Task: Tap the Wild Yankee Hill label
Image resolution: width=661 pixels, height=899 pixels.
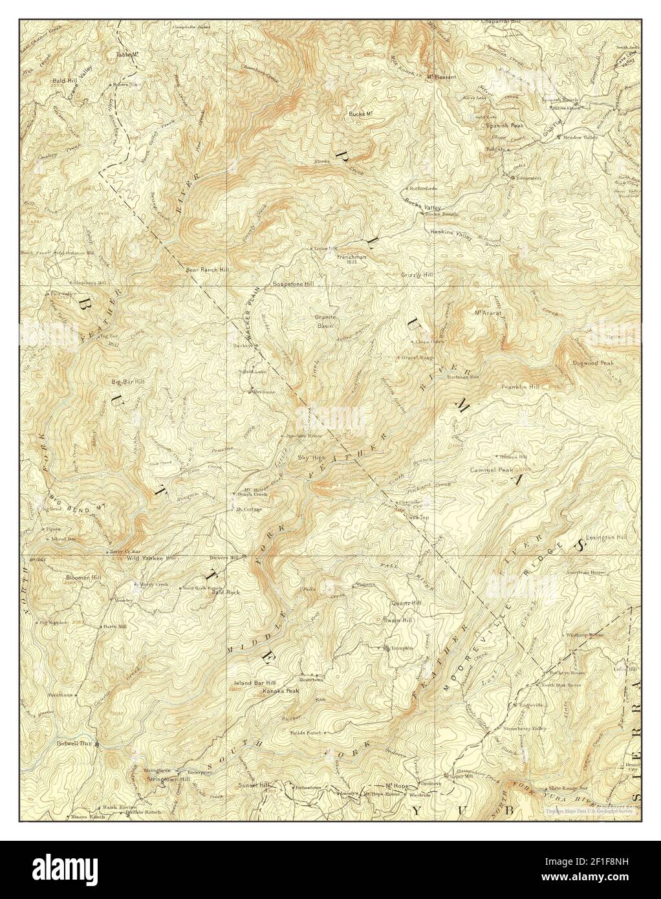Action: [151, 558]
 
